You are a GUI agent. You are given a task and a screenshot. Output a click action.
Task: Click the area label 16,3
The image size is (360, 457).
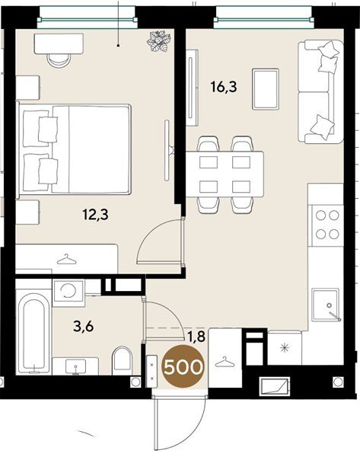click(224, 87)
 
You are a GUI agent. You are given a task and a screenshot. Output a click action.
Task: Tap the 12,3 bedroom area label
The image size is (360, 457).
click(96, 215)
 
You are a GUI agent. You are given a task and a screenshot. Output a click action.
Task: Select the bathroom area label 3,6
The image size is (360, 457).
click(83, 326)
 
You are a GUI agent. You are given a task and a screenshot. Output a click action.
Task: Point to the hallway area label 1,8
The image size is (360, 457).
click(196, 337)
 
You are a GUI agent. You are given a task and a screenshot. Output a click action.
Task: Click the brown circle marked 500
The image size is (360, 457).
click(183, 366)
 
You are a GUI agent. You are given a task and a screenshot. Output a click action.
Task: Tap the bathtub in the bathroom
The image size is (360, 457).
click(33, 333)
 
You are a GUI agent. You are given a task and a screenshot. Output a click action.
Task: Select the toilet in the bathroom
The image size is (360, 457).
click(122, 360)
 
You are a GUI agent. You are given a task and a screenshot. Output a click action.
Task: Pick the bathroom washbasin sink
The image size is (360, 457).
click(75, 366)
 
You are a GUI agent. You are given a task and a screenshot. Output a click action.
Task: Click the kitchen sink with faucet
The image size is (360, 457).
click(326, 305)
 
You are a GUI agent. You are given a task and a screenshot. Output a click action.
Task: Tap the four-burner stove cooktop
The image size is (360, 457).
click(327, 225)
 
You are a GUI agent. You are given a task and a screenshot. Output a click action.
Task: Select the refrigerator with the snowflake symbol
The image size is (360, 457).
click(285, 347)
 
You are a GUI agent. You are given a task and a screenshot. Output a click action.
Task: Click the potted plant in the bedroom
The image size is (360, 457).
click(159, 41)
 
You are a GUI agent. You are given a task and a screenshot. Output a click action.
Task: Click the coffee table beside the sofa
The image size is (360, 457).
click(266, 89)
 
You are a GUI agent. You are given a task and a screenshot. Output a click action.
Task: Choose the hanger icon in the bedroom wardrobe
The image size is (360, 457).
click(66, 260)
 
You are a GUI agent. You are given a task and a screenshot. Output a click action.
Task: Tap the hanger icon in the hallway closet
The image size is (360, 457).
click(225, 362)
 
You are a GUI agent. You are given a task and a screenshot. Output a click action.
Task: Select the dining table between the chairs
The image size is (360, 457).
click(225, 174)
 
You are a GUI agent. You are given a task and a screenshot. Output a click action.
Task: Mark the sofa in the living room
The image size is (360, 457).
click(320, 92)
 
